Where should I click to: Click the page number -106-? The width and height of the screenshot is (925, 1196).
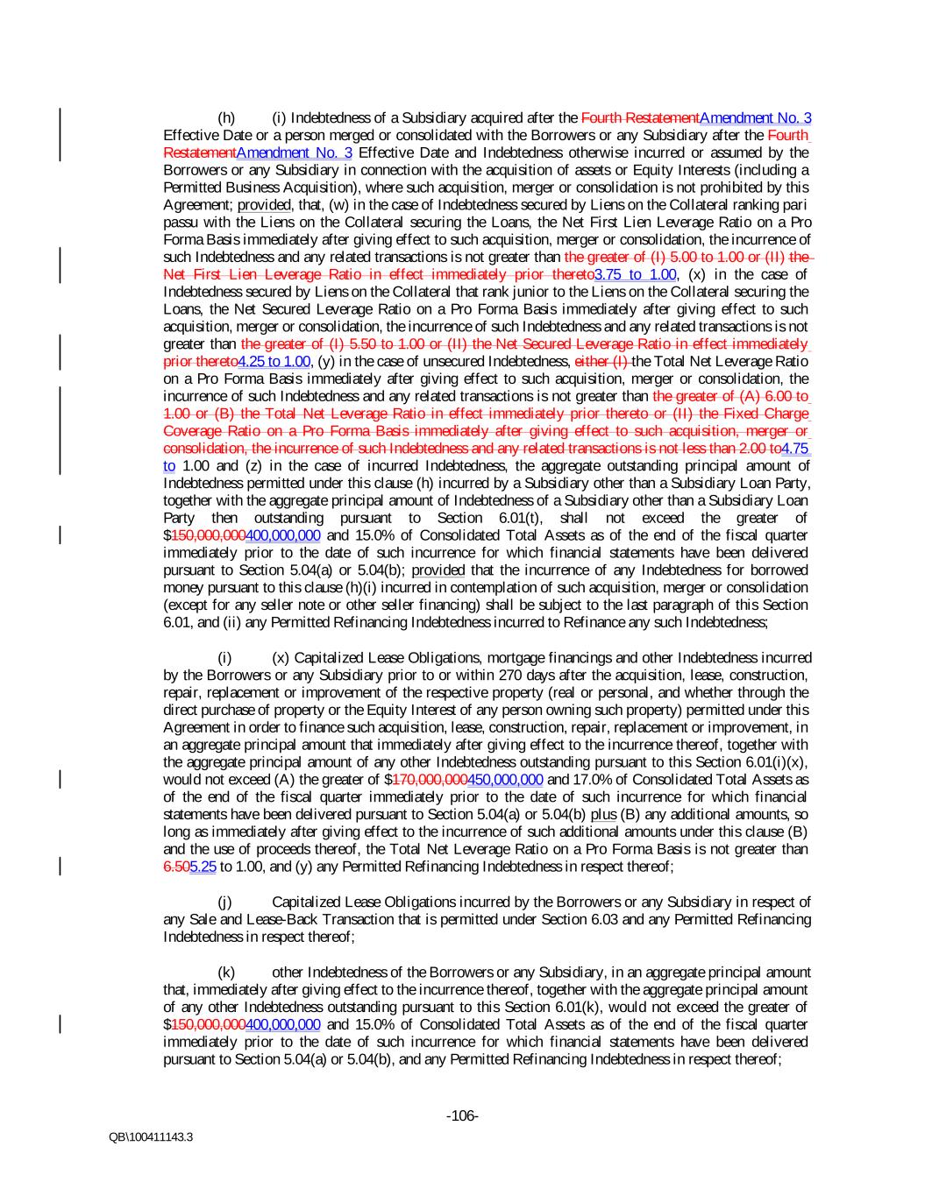click(462, 1115)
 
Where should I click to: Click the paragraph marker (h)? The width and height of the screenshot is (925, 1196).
click(226, 118)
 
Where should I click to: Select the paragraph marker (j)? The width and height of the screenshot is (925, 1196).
click(225, 902)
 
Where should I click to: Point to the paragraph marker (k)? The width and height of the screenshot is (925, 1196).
click(226, 972)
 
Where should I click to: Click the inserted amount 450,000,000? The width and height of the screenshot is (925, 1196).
click(506, 779)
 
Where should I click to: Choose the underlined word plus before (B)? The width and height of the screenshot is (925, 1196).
click(603, 814)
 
